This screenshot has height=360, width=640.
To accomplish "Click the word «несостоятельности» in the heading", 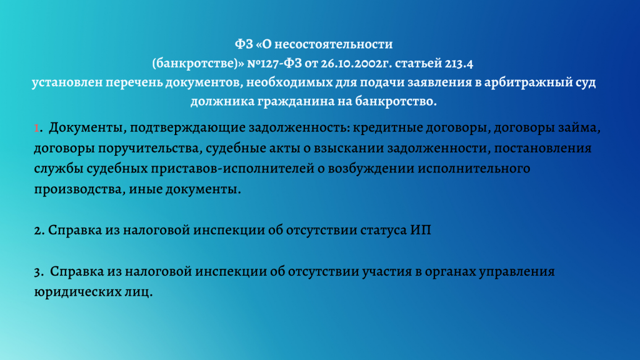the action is pos(334,44).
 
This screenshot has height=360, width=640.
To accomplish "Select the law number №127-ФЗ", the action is pos(275,63).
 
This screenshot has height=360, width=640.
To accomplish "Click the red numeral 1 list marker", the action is pos(36,128).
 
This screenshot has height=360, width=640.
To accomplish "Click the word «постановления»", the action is pos(543,149).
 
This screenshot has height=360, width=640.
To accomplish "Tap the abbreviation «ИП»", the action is pos(421,230).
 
